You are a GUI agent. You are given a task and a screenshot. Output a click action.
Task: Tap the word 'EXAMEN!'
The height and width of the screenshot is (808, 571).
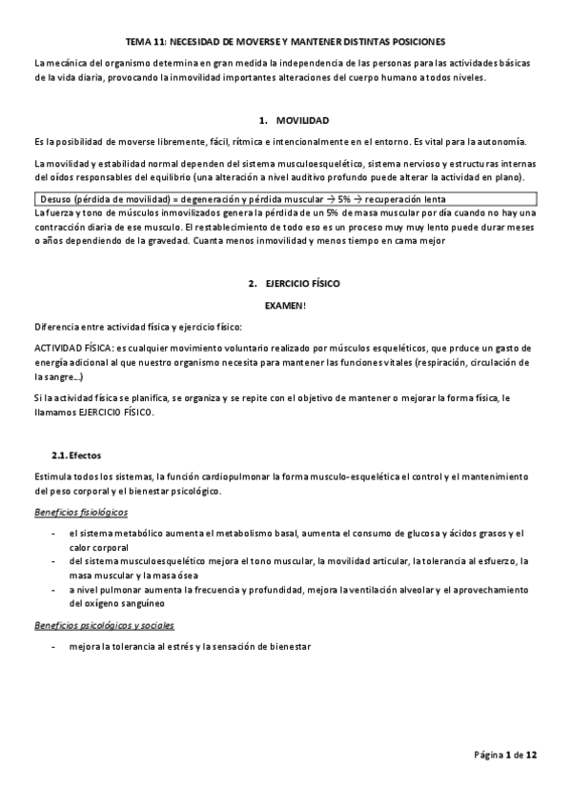pos(287,303)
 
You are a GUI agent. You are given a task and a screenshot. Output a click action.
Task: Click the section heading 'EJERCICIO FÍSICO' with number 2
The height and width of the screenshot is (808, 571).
pos(302,284)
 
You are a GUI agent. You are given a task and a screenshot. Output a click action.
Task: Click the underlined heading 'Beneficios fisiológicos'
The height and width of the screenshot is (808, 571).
pos(81,513)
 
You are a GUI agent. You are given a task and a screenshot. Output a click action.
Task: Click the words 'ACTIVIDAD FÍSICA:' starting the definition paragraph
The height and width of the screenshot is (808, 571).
pos(72,348)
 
